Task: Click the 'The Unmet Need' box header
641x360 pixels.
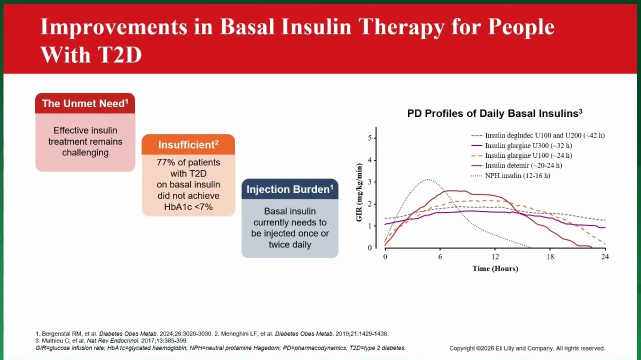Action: pos(85,103)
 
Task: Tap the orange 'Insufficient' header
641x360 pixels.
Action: pos(188,144)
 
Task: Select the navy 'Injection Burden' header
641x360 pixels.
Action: pos(290,189)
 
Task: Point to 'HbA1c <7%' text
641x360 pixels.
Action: pos(188,206)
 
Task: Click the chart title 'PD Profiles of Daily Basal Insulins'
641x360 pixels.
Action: pos(494,113)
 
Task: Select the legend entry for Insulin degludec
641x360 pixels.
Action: pos(538,135)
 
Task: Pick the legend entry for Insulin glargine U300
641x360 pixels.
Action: pos(521,145)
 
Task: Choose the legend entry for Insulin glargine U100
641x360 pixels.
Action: pos(521,155)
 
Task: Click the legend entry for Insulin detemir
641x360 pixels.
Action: pos(516,165)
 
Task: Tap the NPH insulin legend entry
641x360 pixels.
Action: pos(510,175)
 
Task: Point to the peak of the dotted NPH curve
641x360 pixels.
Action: pos(427,179)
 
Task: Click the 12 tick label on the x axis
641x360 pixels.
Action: pos(495,256)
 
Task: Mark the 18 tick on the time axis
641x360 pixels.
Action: pos(550,256)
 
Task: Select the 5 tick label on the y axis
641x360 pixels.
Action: pos(369,138)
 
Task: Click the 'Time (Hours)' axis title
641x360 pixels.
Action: pos(495,268)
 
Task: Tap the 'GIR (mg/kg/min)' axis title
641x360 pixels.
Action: pos(359,192)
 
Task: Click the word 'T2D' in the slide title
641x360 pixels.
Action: pos(119,54)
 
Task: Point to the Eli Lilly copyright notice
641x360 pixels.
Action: pos(527,348)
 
